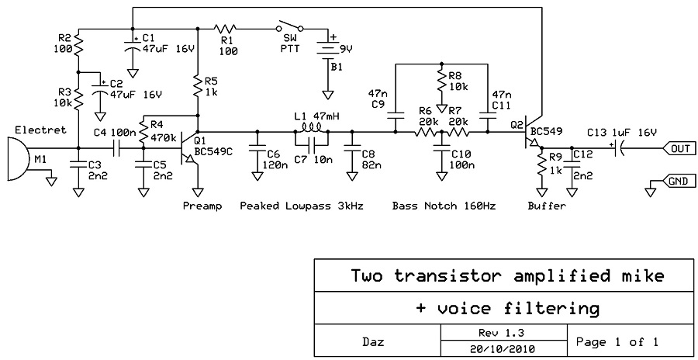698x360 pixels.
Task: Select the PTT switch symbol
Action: coord(289,28)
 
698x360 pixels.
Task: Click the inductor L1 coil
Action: coord(311,130)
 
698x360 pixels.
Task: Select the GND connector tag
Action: coord(676,182)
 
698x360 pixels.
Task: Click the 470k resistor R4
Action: coord(143,127)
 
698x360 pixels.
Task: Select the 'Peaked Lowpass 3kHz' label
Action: coord(302,206)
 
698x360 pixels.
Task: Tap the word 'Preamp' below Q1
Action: coord(202,206)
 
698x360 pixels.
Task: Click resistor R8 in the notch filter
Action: coord(441,81)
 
